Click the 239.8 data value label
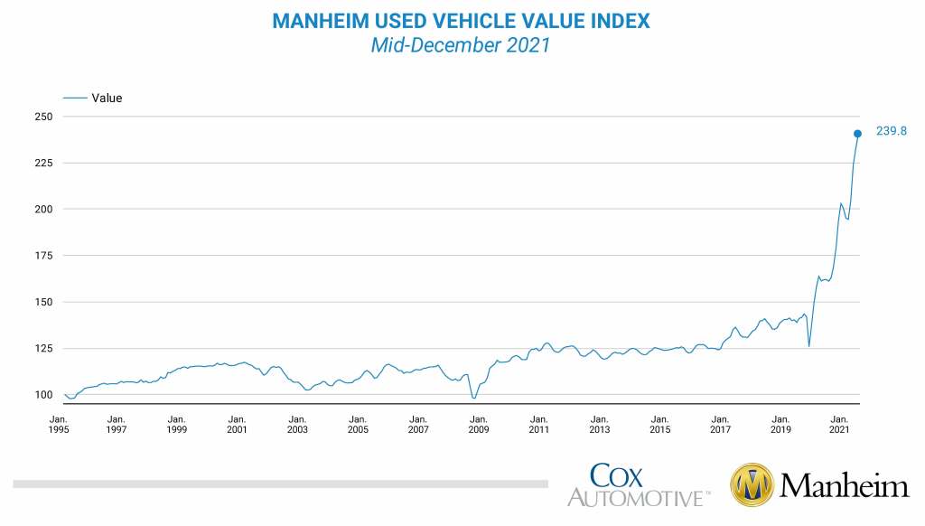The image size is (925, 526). (891, 131)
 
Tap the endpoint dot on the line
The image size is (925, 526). (857, 134)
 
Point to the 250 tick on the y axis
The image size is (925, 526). (43, 117)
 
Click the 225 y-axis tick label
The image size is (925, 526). (43, 163)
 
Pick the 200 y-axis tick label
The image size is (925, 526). (43, 209)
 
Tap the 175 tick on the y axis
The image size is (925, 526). (43, 256)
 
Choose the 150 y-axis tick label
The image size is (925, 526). (43, 302)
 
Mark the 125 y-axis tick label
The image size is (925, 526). (43, 348)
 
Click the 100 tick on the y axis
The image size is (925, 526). (43, 394)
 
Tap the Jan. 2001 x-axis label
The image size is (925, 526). (237, 425)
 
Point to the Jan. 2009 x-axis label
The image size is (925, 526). (479, 425)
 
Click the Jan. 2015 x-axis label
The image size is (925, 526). (659, 425)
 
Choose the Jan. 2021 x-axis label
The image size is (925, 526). (840, 425)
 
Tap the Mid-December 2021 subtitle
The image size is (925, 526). (461, 44)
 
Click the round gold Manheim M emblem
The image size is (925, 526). (752, 486)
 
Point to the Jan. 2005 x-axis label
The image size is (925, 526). (358, 425)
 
